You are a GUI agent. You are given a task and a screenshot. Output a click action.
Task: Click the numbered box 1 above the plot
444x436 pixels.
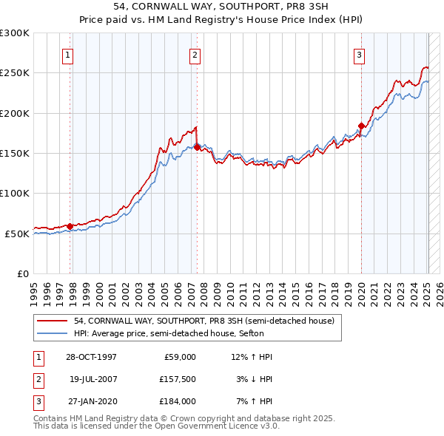[67, 55]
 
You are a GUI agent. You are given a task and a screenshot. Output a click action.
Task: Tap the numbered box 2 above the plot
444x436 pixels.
[194, 55]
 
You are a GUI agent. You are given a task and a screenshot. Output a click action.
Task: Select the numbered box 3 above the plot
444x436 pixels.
[359, 55]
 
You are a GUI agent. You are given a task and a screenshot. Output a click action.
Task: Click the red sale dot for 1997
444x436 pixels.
[70, 226]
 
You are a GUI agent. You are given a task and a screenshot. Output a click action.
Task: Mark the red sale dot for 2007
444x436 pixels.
[197, 147]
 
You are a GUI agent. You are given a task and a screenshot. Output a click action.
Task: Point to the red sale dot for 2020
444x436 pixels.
[361, 126]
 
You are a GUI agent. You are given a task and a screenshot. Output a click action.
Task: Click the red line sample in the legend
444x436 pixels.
[53, 321]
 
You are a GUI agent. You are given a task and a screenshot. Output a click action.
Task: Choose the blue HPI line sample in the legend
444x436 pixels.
[53, 333]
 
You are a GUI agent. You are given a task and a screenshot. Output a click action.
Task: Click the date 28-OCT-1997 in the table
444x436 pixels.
[92, 357]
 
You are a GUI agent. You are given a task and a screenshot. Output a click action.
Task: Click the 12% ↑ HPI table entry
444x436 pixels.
[252, 357]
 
